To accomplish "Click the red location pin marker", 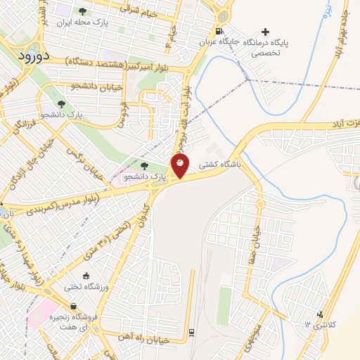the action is pos(181,167).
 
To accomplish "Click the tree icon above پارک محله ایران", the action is pos(83,11).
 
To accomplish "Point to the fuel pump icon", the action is pos(219,31).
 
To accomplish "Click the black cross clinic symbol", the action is pos(265,32).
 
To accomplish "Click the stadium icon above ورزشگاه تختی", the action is pos(86,276).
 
